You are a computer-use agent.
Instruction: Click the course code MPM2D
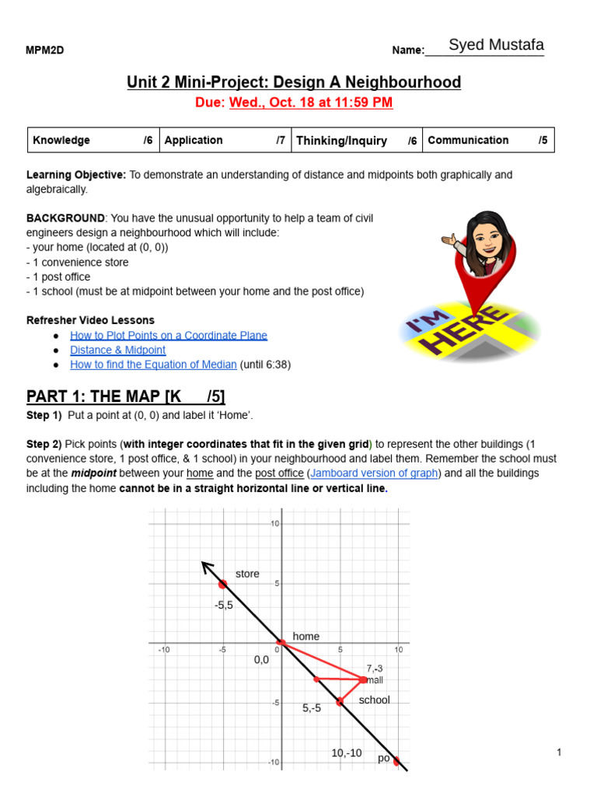(x=45, y=51)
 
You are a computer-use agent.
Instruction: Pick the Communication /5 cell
(x=488, y=141)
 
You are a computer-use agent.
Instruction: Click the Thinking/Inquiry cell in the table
(x=357, y=141)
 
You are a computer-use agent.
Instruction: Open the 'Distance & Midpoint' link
(x=117, y=350)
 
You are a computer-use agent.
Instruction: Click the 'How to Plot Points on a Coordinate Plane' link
(x=168, y=335)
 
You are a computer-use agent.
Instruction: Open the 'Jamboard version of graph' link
(x=372, y=473)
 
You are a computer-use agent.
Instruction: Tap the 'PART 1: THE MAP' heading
(x=125, y=397)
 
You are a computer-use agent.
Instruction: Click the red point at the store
(x=222, y=584)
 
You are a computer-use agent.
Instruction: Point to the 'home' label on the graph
(x=306, y=636)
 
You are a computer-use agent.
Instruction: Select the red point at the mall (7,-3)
(x=363, y=679)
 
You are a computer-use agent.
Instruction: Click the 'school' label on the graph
(x=374, y=700)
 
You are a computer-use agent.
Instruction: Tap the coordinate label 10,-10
(x=347, y=752)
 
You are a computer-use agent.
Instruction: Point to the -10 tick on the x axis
(x=164, y=649)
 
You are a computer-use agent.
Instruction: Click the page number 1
(x=559, y=752)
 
